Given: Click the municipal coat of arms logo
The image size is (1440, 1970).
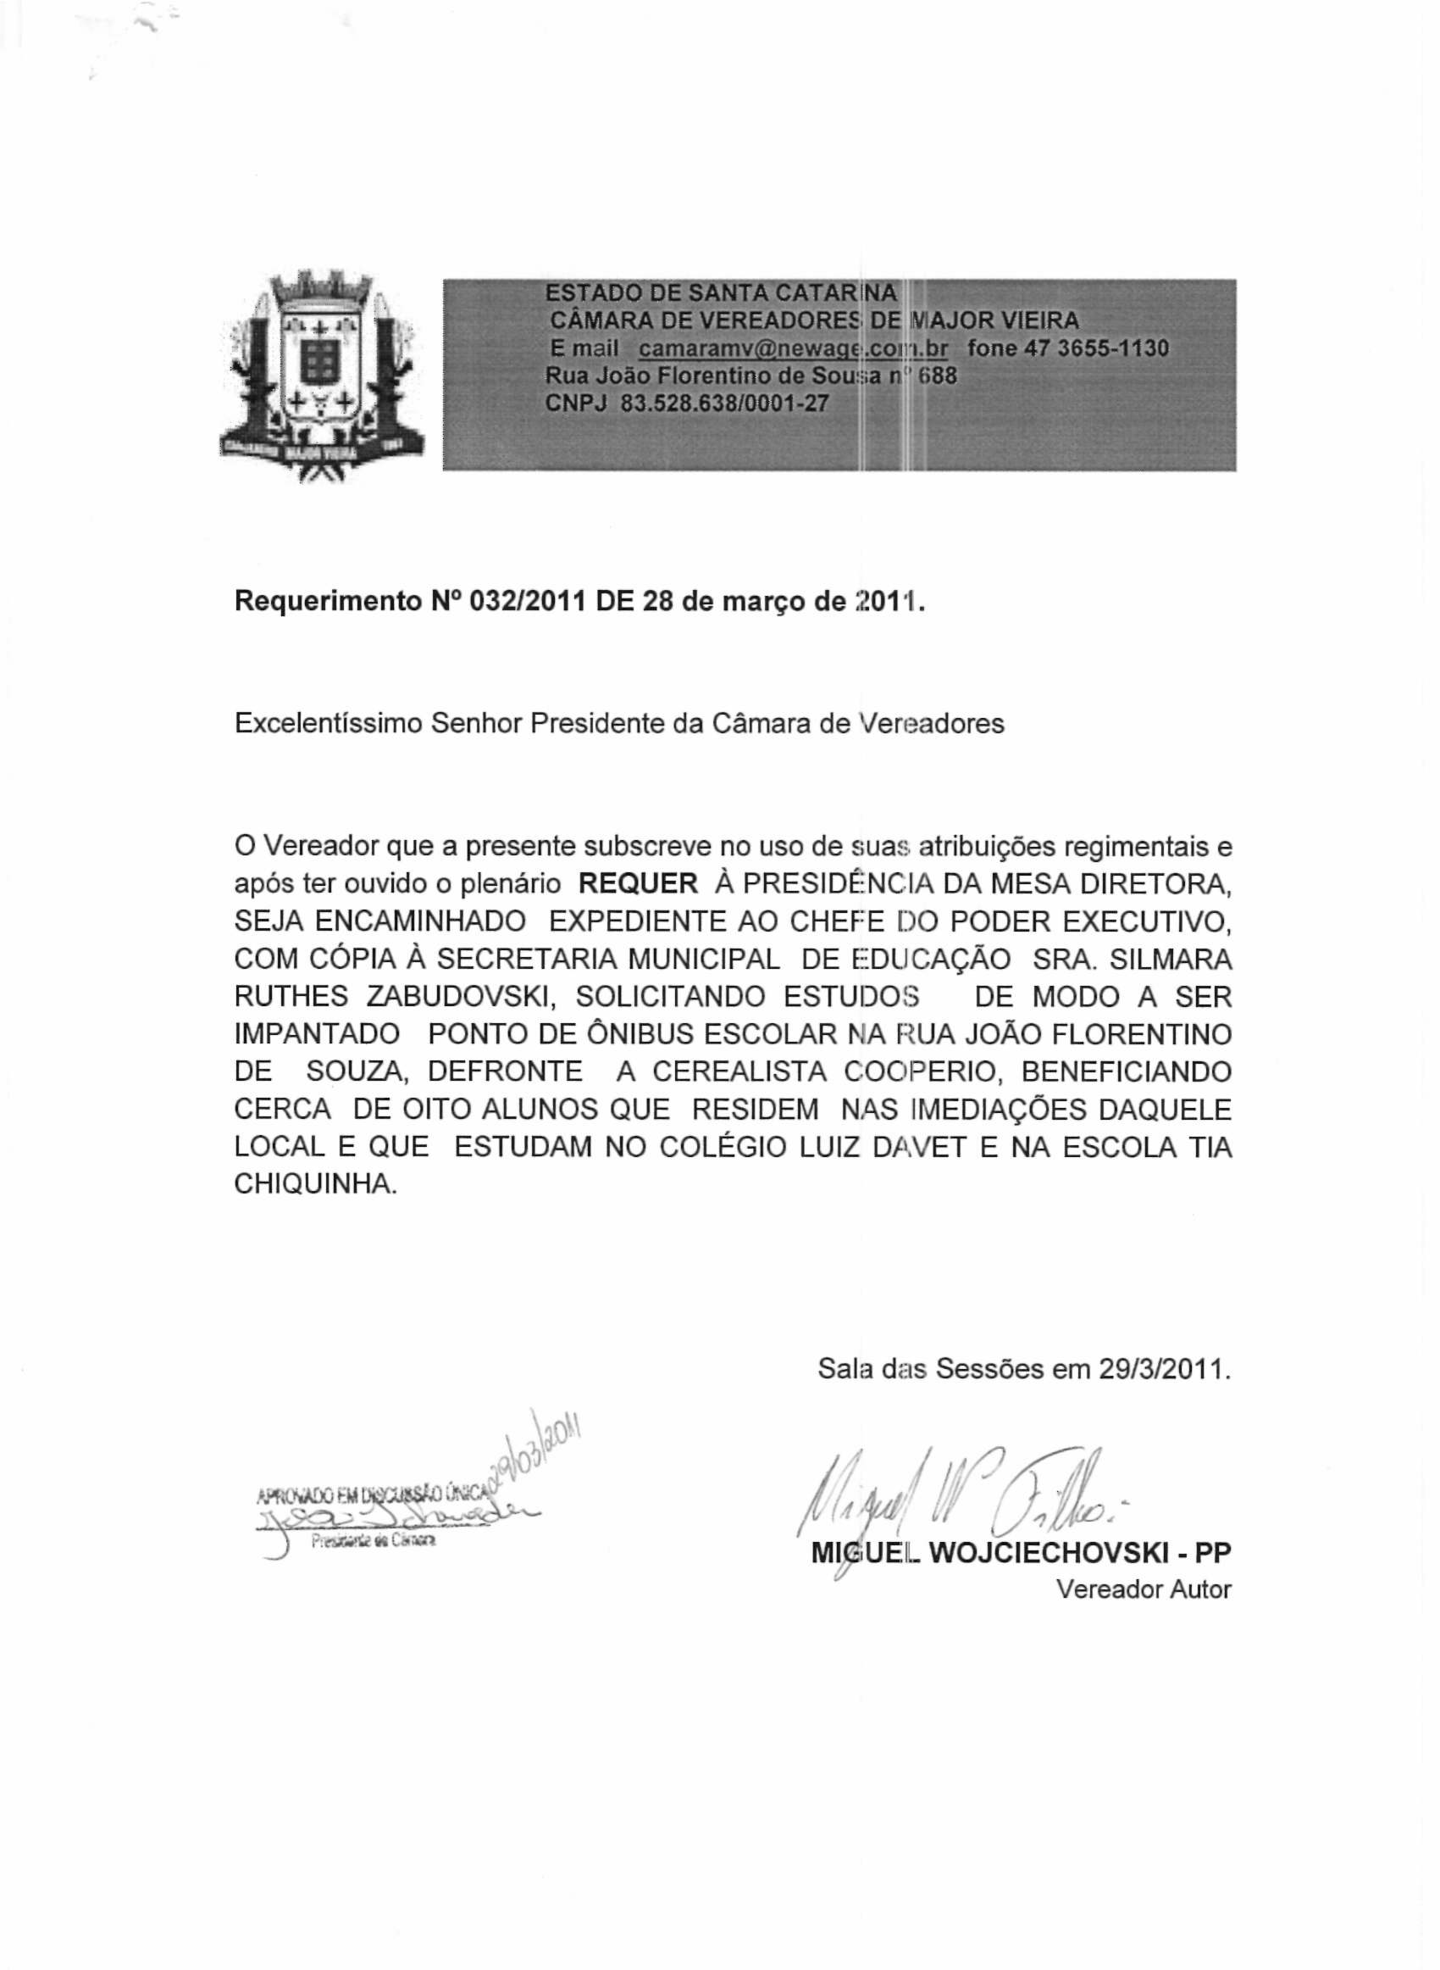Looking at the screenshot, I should coord(322,376).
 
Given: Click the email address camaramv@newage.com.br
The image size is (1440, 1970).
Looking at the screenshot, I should coord(792,349).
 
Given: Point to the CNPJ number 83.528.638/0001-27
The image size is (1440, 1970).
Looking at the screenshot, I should coord(723,403).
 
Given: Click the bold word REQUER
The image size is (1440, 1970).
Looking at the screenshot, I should coord(638,884).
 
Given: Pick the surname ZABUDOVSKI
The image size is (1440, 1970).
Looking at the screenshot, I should coord(463,997).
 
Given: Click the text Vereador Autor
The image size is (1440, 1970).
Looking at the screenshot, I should coord(1143,1589).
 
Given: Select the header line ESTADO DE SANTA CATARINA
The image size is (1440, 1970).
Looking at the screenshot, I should coord(720,294).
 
